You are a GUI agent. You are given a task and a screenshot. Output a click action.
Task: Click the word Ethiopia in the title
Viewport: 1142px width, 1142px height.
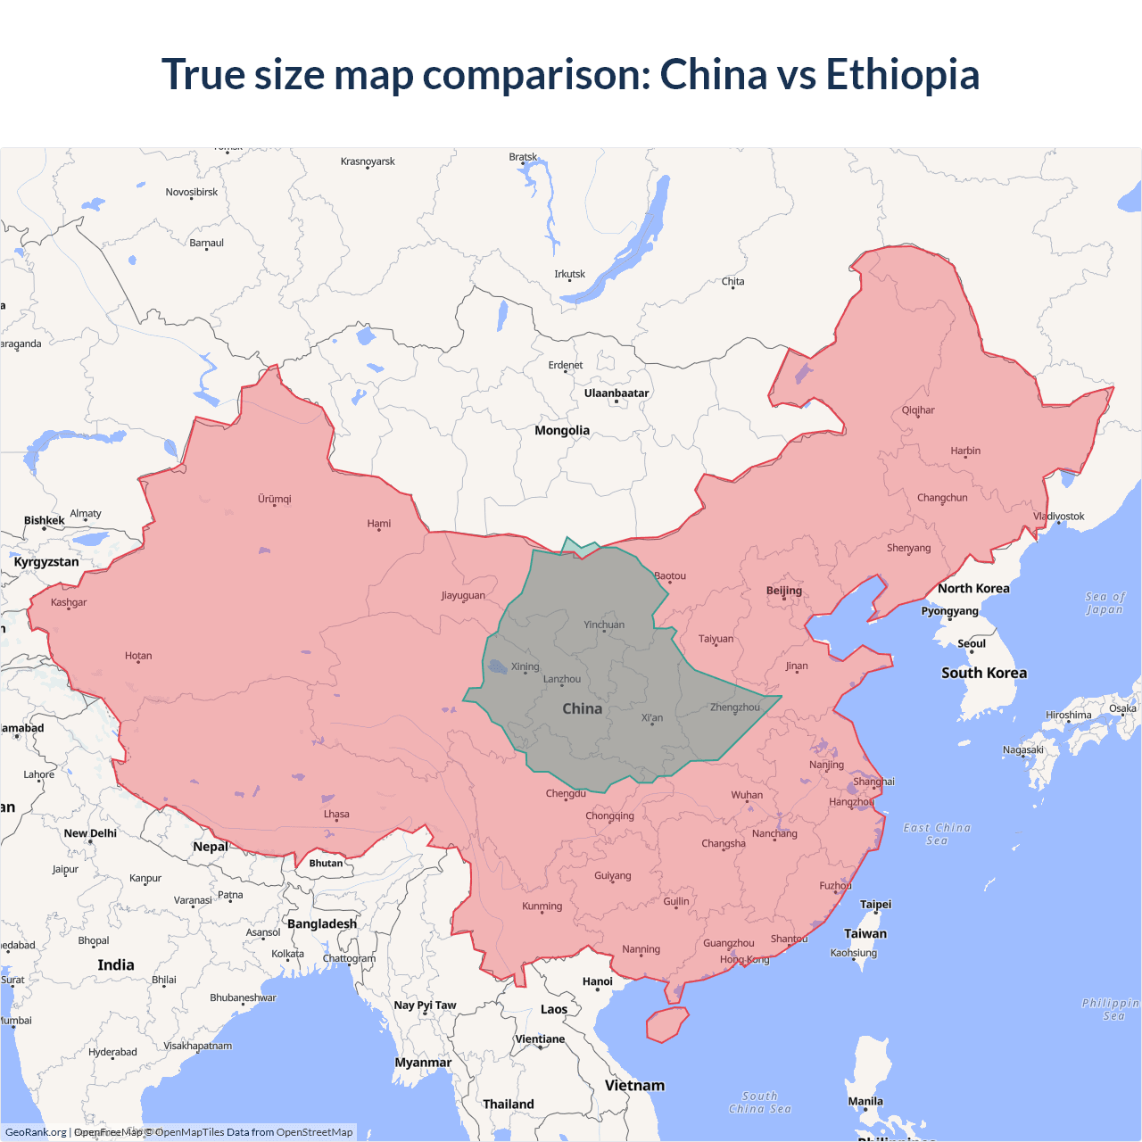(902, 74)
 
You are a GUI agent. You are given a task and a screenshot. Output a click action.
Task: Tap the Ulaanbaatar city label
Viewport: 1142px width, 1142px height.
(616, 393)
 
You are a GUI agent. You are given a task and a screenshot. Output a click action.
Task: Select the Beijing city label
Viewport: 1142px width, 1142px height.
(783, 590)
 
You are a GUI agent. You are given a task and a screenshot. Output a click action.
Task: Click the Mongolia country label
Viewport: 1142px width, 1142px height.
(561, 430)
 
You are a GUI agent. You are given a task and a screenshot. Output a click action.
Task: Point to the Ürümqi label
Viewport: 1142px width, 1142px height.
(274, 499)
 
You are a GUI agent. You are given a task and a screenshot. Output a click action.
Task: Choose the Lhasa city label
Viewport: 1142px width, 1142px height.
(336, 814)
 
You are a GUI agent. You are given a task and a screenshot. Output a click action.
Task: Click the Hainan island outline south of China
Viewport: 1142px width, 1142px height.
(666, 1024)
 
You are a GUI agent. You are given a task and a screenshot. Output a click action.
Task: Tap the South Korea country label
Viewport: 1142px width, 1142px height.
(983, 673)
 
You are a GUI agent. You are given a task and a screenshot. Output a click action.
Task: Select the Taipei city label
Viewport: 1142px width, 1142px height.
(875, 904)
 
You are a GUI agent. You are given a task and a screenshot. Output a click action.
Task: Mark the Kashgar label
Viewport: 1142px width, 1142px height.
(69, 602)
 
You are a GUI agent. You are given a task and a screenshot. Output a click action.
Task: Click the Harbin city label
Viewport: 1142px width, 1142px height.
(964, 451)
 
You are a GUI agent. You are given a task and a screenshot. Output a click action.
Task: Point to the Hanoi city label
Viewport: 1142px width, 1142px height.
(597, 981)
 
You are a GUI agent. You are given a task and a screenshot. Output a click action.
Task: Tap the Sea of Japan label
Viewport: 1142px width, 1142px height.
(1105, 603)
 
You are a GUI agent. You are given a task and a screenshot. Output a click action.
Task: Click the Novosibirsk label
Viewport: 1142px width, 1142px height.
(191, 192)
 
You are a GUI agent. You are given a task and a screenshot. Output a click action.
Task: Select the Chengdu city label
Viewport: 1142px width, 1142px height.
(566, 793)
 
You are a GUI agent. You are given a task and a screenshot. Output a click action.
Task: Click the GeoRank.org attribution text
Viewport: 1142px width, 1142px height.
(36, 1132)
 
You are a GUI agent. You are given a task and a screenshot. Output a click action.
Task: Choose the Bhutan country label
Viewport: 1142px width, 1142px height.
(326, 863)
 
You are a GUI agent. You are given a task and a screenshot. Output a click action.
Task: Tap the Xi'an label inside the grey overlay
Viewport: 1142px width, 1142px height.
(651, 717)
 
